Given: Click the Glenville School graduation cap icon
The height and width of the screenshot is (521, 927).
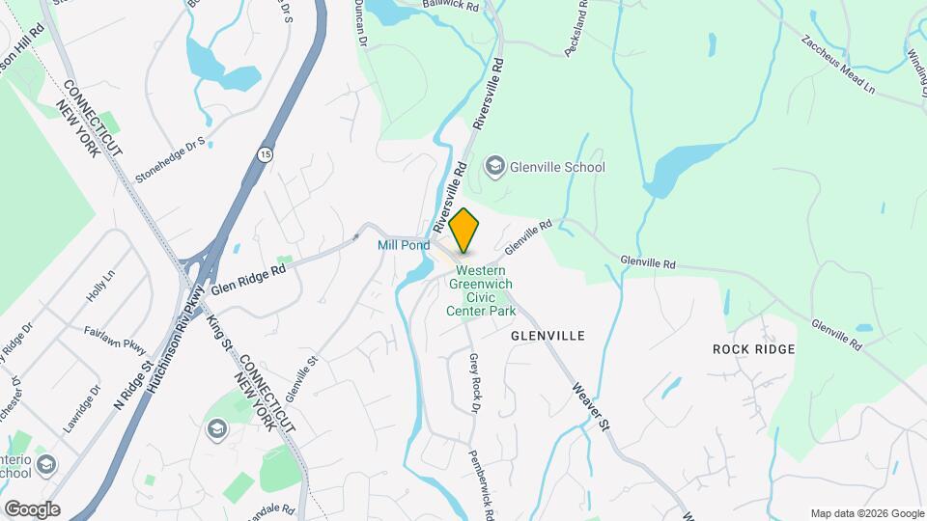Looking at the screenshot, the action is (495, 167).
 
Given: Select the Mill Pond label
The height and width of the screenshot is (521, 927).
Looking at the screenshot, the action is (403, 246).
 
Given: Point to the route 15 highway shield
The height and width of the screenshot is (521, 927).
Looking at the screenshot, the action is (266, 153).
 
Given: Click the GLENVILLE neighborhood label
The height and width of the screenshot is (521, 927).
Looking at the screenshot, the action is (548, 336).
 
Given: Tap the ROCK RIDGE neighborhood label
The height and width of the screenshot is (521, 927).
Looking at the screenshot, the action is (753, 348).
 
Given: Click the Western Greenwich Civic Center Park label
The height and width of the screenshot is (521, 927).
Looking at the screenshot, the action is (481, 290).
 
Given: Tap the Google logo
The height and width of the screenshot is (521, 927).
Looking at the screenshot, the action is (31, 509).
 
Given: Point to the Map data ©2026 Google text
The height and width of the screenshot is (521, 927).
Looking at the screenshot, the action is (866, 513).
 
